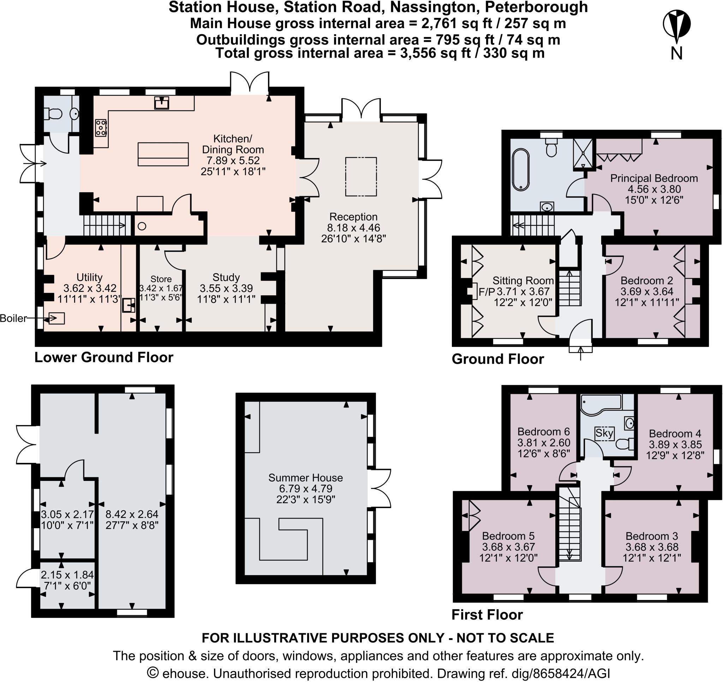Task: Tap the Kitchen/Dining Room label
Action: click(233, 144)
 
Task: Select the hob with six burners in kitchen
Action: click(101, 128)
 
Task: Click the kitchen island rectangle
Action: click(163, 154)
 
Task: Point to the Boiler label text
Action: click(13, 319)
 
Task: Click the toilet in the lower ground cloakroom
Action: click(52, 114)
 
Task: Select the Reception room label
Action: click(353, 217)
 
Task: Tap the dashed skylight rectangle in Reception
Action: click(361, 177)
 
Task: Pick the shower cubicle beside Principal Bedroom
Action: click(583, 154)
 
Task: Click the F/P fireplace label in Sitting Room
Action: click(487, 291)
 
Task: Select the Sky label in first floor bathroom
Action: click(604, 433)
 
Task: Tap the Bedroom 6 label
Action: click(543, 431)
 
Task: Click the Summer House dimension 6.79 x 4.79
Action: click(305, 489)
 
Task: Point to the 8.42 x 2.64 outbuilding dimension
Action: click(132, 514)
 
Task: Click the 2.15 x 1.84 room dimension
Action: click(67, 575)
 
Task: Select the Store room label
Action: click(161, 279)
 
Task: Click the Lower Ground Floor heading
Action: click(104, 357)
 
